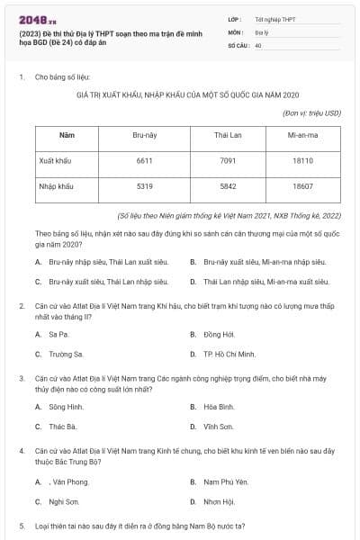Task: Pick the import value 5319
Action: coord(144,186)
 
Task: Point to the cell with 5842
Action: coord(225,186)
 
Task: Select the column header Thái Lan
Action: coord(225,134)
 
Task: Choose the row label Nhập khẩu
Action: coord(56,186)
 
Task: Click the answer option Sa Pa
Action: coord(58,333)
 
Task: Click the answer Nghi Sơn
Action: coord(64,501)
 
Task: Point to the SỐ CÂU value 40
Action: coord(258,44)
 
